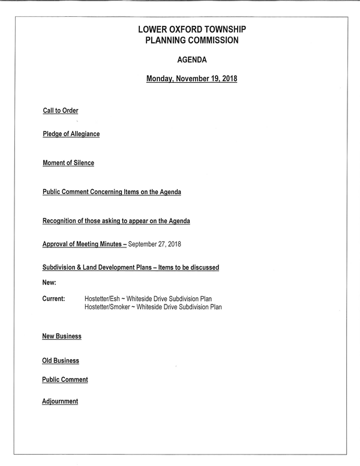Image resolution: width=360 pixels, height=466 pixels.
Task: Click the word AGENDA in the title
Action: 191,60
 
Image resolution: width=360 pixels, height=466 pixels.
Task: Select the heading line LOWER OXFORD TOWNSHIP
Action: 192,29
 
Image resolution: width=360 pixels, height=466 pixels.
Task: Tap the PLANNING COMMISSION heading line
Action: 192,40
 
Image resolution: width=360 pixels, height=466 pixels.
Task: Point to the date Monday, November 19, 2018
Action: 191,79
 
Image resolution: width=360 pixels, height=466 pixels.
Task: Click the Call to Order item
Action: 60,110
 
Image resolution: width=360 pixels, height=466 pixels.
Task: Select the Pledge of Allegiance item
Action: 71,134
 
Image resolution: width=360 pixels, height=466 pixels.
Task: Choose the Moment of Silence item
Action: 68,163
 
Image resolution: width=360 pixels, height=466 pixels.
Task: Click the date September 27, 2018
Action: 155,244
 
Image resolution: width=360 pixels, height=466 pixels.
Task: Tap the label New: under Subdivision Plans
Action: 49,282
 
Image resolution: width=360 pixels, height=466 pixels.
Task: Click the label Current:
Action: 53,298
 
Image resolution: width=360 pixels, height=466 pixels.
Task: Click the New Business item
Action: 61,336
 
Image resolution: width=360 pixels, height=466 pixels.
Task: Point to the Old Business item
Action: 60,361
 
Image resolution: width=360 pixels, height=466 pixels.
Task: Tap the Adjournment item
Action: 60,401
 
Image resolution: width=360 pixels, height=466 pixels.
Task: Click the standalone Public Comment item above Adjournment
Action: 65,380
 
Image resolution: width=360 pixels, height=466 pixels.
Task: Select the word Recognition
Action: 59,221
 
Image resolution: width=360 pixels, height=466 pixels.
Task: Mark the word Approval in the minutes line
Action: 55,244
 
